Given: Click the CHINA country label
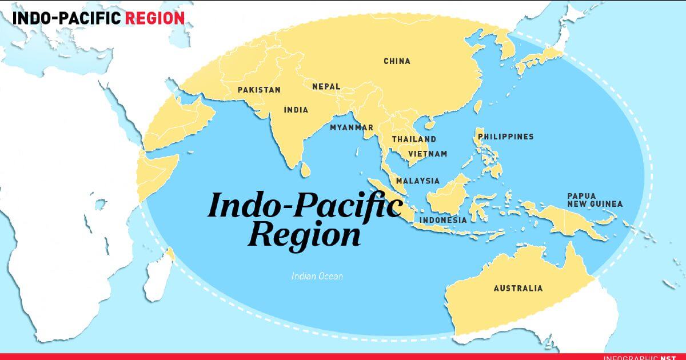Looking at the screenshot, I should pyautogui.click(x=397, y=61).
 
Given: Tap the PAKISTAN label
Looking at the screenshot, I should pyautogui.click(x=259, y=90).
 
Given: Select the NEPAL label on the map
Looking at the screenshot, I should pyautogui.click(x=326, y=87).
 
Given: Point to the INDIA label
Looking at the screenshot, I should pyautogui.click(x=296, y=110).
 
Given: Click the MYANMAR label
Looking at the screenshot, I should pyautogui.click(x=352, y=127).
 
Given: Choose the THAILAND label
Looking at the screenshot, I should pyautogui.click(x=414, y=139).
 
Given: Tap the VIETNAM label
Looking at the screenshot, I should pyautogui.click(x=428, y=154).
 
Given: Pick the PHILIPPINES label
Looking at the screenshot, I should pyautogui.click(x=506, y=137).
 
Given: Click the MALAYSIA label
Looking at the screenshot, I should pyautogui.click(x=418, y=181).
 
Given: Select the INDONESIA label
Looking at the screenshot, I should pyautogui.click(x=443, y=219).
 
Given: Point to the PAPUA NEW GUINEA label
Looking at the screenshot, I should pyautogui.click(x=595, y=199).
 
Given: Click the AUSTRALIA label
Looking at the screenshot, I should pyautogui.click(x=518, y=288).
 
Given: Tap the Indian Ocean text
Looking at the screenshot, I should pyautogui.click(x=317, y=276).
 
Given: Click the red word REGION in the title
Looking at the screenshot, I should pyautogui.click(x=154, y=18).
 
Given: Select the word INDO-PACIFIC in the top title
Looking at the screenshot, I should pyautogui.click(x=66, y=18).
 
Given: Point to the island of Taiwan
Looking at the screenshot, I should pyautogui.click(x=478, y=107).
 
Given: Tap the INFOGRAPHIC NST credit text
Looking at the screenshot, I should pyautogui.click(x=644, y=357).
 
